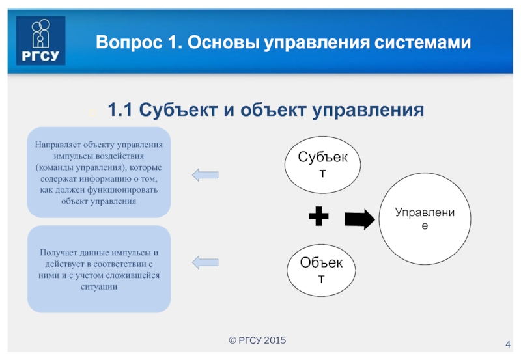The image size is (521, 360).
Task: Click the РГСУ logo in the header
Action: coord(40,41)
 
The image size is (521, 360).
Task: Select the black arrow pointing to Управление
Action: coord(359,220)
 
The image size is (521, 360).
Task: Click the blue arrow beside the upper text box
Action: coord(205,174)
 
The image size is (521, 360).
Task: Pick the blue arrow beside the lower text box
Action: coord(205,262)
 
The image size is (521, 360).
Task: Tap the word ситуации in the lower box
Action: coord(99,287)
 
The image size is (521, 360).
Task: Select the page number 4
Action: coord(507,344)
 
